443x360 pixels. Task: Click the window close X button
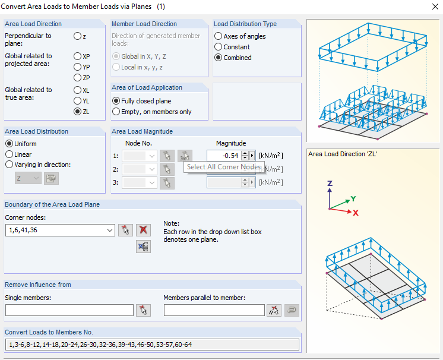[x=435, y=7]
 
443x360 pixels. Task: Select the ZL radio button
[x=77, y=112]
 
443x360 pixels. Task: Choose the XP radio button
[x=77, y=56]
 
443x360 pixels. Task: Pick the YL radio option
[x=77, y=101]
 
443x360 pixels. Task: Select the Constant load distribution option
[x=218, y=46]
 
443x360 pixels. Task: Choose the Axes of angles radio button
[x=218, y=36]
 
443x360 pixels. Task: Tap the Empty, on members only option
[x=116, y=112]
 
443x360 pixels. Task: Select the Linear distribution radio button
[x=10, y=154]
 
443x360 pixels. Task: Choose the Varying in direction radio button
[x=10, y=165]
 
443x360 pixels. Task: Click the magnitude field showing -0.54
[x=224, y=156]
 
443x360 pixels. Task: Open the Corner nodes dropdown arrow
[x=110, y=230]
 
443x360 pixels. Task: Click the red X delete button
[x=143, y=230]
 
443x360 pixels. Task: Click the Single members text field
[x=69, y=310]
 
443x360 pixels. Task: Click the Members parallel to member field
[x=214, y=310]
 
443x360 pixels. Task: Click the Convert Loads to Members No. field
[x=152, y=345]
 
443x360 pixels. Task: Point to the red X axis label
[x=356, y=213]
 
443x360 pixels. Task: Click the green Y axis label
[x=353, y=198]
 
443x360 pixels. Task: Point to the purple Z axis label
[x=330, y=183]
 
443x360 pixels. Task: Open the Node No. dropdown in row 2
[x=151, y=169]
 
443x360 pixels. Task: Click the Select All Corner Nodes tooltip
[x=224, y=167]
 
